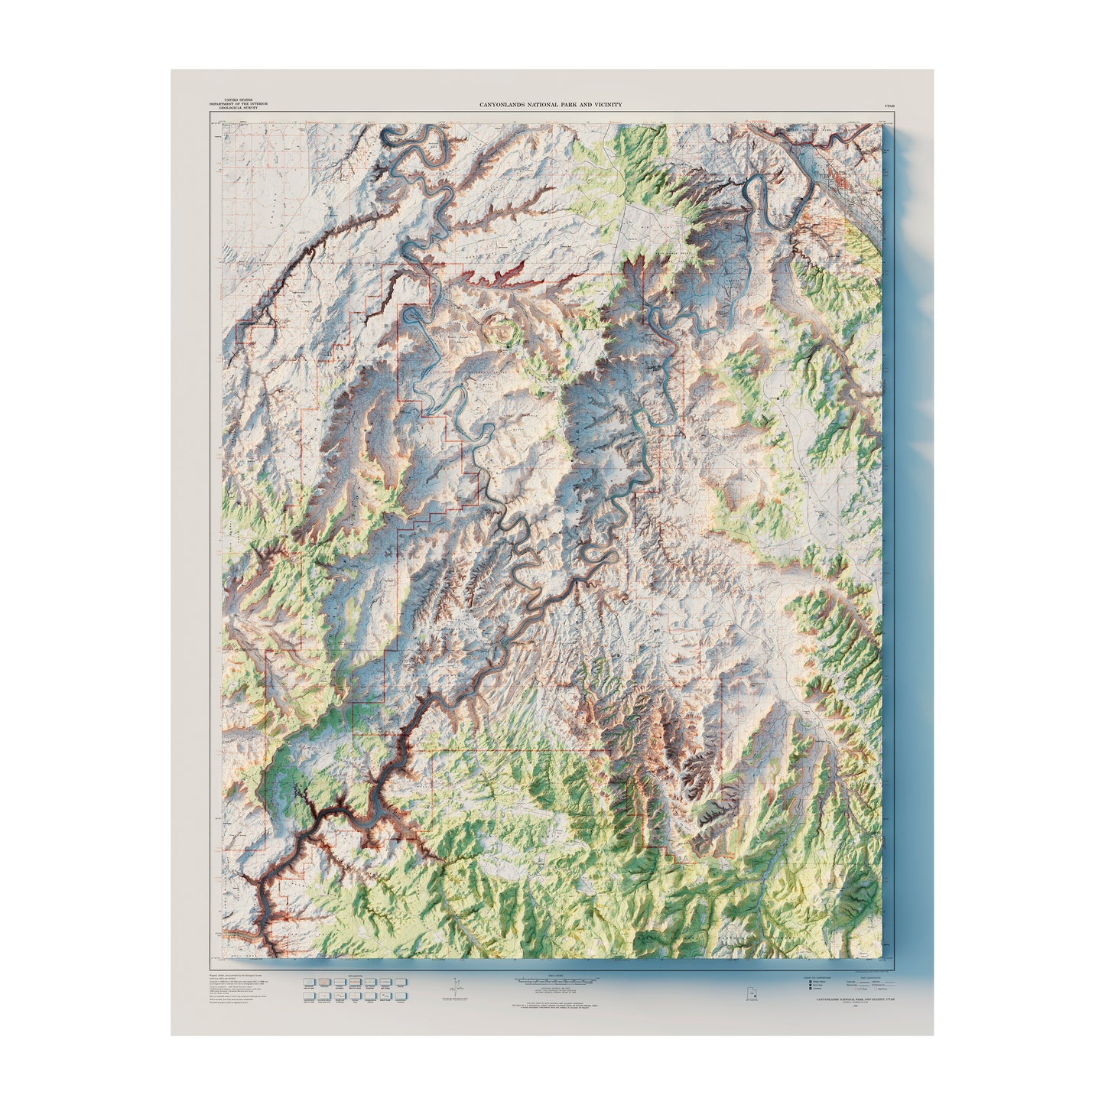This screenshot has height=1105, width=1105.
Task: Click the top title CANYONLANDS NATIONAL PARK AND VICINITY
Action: [x=550, y=104]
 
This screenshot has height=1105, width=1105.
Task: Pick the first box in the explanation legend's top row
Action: [x=309, y=982]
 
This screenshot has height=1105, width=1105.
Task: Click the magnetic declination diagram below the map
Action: [x=455, y=987]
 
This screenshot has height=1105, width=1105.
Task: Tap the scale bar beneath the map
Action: [x=553, y=980]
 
